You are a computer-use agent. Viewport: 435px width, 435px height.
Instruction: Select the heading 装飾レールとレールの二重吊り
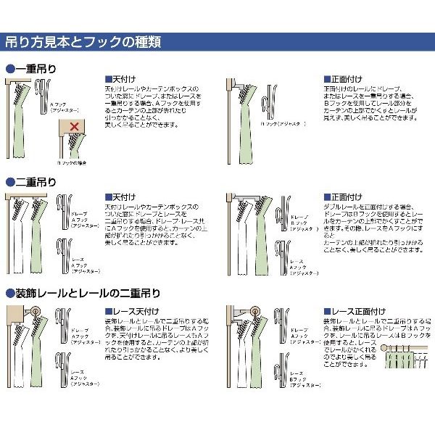click(x=87, y=294)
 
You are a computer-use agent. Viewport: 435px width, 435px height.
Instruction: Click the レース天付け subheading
click(x=128, y=310)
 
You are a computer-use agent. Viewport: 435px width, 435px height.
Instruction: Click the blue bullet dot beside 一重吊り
click(x=9, y=70)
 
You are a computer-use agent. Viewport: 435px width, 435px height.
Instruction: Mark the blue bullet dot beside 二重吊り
click(x=9, y=182)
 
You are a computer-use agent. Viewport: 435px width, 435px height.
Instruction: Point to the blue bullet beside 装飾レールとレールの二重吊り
click(x=9, y=294)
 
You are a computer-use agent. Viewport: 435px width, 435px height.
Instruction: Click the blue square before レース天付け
click(x=108, y=310)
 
